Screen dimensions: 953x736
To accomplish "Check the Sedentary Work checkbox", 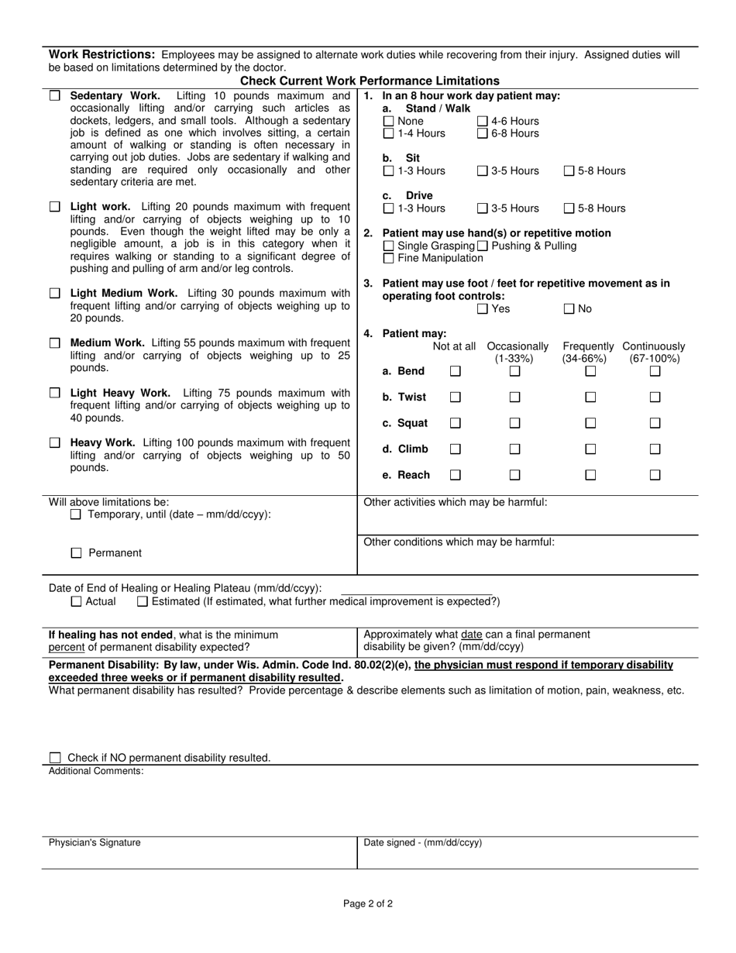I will coord(54,96).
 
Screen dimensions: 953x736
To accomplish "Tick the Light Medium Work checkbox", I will coord(54,294).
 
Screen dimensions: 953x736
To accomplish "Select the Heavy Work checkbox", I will coord(54,442).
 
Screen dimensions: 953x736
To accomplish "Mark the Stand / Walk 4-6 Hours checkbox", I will coord(482,121).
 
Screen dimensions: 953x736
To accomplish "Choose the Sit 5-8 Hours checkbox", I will coord(569,171).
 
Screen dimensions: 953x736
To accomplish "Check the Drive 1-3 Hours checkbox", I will coord(389,208).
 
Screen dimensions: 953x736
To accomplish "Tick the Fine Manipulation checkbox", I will coord(389,258).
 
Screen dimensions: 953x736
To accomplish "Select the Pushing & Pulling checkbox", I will coord(482,246).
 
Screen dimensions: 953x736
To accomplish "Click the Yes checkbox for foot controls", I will coord(482,309).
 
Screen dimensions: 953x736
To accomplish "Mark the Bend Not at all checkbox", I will coord(456,372).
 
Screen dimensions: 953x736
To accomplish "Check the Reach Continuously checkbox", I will coord(655,475).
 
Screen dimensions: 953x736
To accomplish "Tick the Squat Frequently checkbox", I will coord(590,423).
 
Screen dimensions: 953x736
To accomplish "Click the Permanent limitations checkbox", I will coord(76,553).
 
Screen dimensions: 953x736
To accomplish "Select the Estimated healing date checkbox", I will coord(142,601).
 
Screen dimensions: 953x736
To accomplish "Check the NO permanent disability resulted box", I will coord(54,758).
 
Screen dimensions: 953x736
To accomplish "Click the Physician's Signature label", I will coord(95,843).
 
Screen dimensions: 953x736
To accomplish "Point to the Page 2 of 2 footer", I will coord(368,903).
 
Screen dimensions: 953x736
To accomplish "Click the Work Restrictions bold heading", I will coord(102,55).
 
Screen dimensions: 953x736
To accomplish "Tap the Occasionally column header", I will coord(517,346).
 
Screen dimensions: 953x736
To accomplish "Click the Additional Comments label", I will coord(96,771).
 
